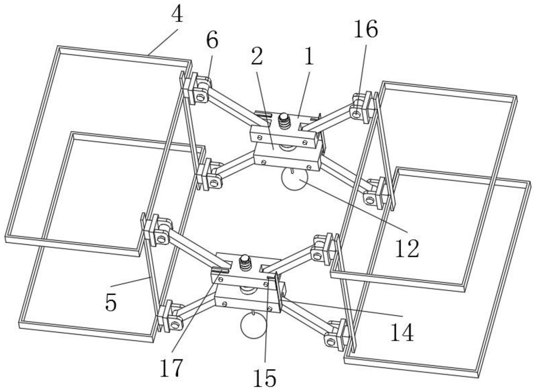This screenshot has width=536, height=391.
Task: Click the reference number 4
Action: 177,15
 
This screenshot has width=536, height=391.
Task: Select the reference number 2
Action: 257,57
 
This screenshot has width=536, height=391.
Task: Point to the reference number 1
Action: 310,57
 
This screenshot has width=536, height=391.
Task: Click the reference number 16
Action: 366,29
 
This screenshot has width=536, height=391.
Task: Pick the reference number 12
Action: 407,249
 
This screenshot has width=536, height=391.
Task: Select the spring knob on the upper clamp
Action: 284,121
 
